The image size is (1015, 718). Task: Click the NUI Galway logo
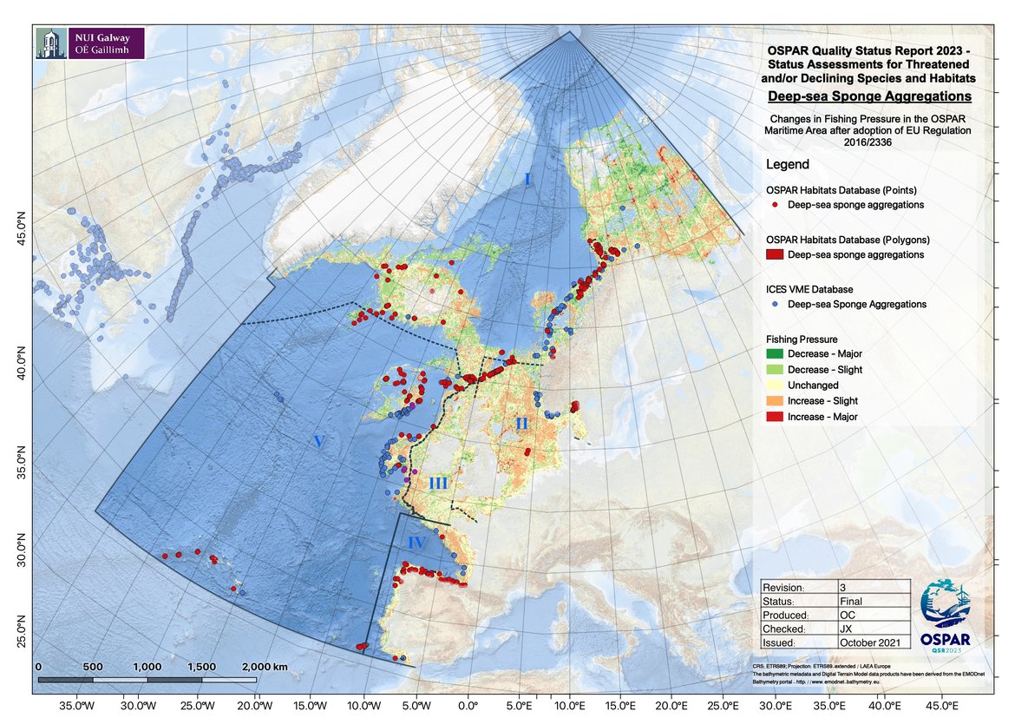(x=89, y=42)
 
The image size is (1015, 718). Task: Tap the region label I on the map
(x=527, y=179)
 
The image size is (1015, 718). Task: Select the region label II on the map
(x=521, y=424)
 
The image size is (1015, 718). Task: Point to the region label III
(x=438, y=484)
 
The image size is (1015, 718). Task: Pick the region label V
(x=318, y=442)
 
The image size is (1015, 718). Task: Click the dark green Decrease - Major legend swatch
(x=774, y=354)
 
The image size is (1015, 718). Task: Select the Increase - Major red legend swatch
(x=774, y=417)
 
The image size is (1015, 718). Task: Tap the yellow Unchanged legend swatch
(x=774, y=385)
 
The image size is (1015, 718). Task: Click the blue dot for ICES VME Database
(x=773, y=305)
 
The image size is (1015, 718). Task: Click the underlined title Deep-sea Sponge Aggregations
(x=869, y=96)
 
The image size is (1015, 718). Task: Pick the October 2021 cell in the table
(x=874, y=642)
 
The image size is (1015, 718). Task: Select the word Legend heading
(x=787, y=164)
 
